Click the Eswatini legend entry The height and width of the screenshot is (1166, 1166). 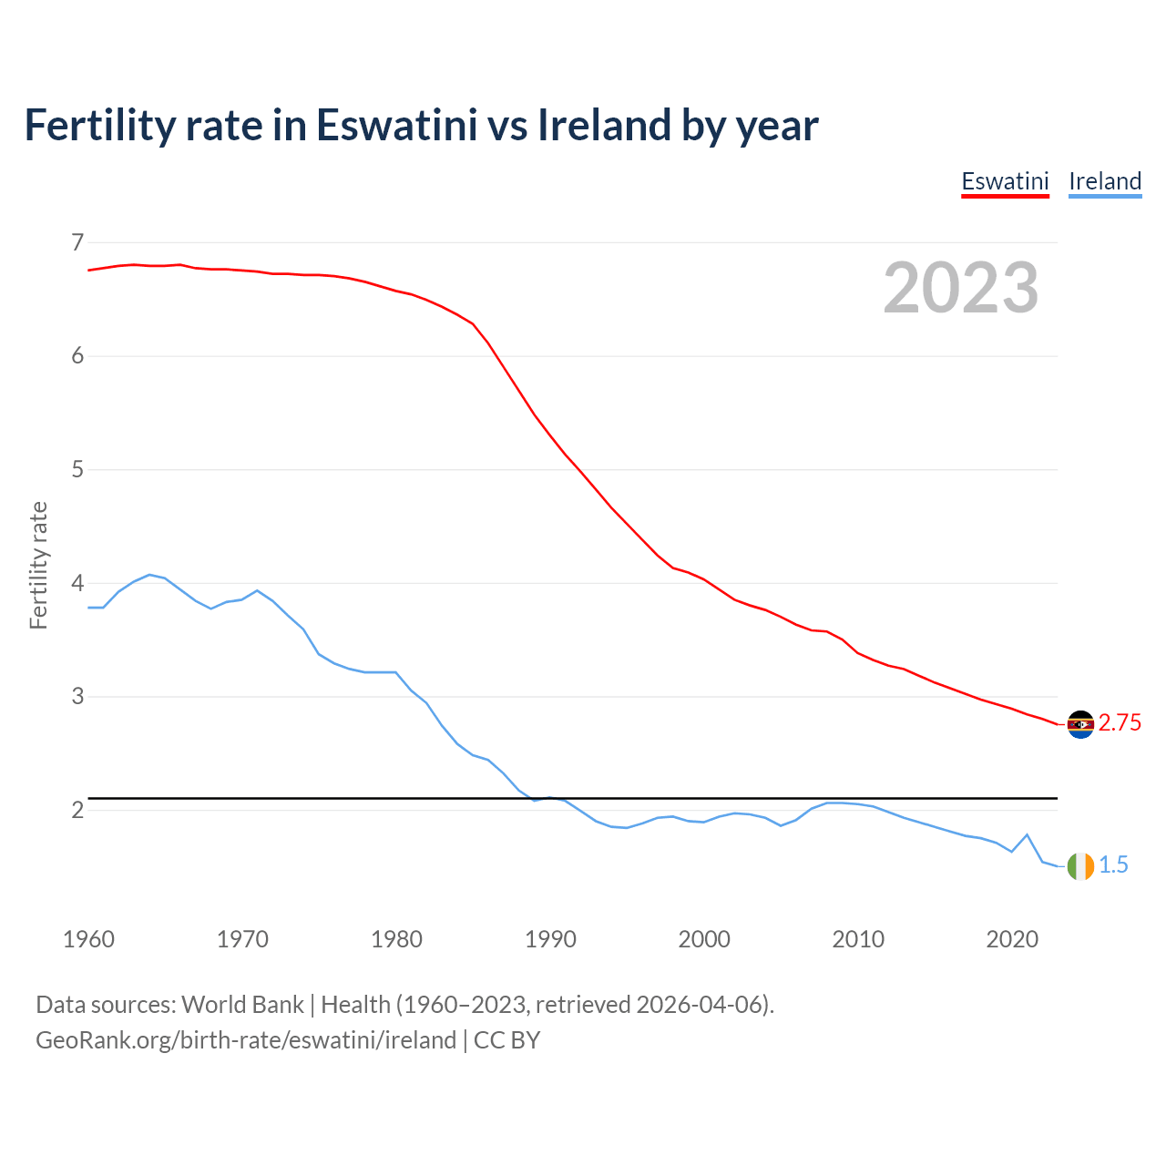coord(1005,181)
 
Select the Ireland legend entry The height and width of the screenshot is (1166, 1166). coord(1105,181)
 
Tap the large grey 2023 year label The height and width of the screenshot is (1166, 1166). coord(961,288)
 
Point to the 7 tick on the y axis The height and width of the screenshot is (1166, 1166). coord(77,242)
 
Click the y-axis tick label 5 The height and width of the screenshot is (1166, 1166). coord(77,470)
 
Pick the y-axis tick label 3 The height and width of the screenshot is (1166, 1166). coord(77,697)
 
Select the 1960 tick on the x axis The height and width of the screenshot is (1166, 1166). coord(88,939)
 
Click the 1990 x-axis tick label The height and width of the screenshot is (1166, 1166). coord(550,939)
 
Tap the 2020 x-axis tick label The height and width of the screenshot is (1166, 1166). coord(1012,939)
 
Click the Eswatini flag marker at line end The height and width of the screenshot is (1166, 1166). coord(1080,724)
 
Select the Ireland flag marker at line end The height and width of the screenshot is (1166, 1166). coord(1080,866)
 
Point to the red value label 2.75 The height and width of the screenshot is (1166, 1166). coord(1120,723)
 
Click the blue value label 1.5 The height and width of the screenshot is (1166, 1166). coord(1113,865)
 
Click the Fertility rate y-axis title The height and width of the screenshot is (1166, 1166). coord(38,565)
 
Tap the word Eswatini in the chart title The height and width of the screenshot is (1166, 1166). coord(396,125)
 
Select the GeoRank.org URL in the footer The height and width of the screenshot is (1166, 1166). coord(246,1040)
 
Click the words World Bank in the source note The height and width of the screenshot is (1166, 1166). coord(242,1005)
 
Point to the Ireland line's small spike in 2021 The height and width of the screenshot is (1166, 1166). coord(1027,834)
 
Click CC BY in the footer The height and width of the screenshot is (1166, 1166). coord(507,1040)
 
